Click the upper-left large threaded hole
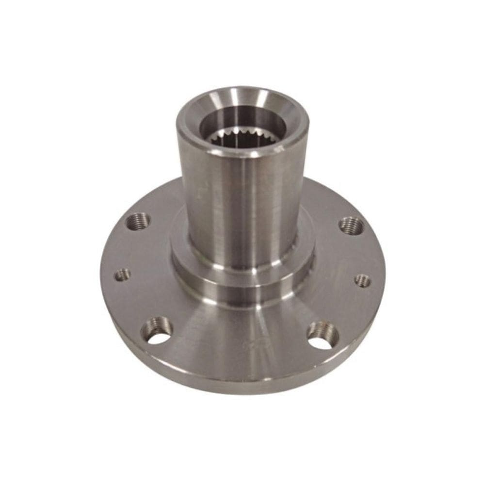(140, 221)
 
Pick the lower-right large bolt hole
(324, 334)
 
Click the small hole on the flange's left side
(122, 275)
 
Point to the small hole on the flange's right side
(362, 280)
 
